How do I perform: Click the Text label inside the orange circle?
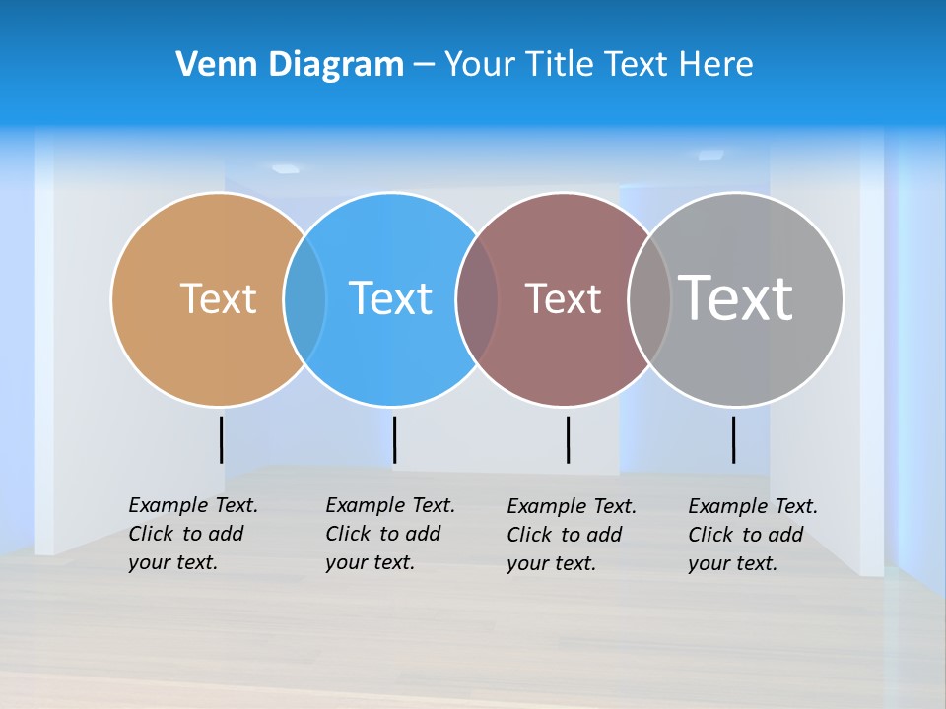tap(218, 298)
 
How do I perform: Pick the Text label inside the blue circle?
tap(391, 298)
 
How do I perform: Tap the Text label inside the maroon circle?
tap(563, 298)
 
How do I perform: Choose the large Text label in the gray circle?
tap(735, 298)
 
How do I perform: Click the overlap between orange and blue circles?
tap(304, 298)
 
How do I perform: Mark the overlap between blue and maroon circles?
tap(477, 298)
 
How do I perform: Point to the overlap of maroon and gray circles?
tap(649, 298)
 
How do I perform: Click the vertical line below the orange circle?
tap(221, 439)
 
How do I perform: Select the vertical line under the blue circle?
tap(394, 439)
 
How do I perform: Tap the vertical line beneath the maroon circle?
tap(568, 439)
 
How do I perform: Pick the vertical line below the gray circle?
tap(733, 439)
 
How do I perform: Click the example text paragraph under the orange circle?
tap(193, 534)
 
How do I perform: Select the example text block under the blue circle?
tap(390, 534)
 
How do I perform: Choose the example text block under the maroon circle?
tap(572, 535)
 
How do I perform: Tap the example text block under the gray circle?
tap(753, 535)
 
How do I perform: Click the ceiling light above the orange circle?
tap(285, 169)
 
